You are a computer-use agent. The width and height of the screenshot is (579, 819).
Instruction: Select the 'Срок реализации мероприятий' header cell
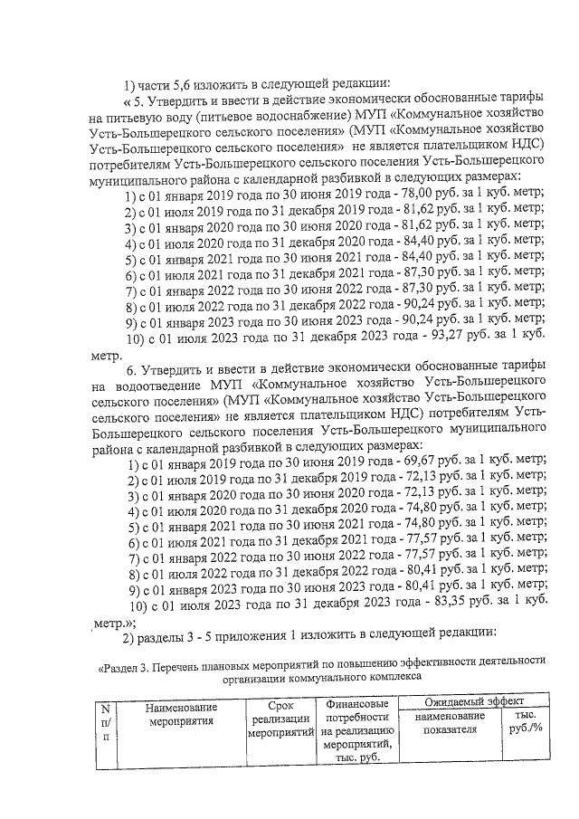coord(279,719)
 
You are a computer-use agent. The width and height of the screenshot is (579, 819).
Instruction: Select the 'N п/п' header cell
coord(106,723)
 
